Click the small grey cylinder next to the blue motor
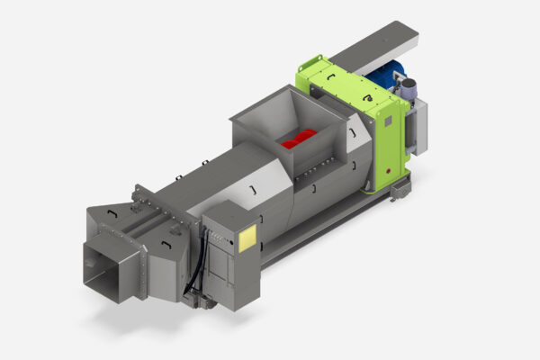[407, 89]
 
